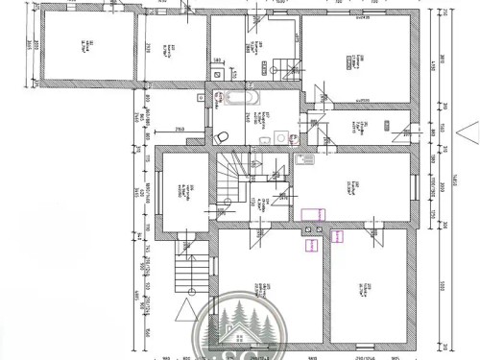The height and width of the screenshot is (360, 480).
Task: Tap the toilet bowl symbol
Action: click(222, 134)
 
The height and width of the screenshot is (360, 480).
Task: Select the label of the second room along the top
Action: click(168, 48)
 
